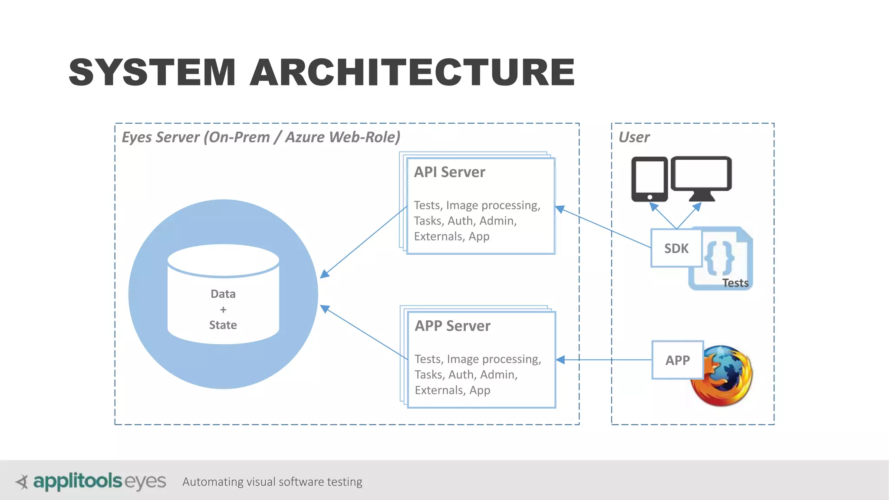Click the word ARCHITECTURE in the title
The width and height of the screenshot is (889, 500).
412,72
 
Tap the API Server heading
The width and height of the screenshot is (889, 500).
449,172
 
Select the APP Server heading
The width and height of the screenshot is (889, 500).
452,326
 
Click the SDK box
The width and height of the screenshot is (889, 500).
676,248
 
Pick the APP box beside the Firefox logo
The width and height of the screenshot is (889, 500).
677,360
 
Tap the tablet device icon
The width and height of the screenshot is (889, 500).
649,179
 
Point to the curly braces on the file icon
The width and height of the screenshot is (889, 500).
719,258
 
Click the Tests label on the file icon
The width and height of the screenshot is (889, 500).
735,283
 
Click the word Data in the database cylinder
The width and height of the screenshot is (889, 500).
223,294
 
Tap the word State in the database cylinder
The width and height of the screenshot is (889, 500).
223,325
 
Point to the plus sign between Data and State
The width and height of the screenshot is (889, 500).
223,310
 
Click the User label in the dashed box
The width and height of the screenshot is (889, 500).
634,137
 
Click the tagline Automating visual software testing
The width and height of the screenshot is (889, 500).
272,482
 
